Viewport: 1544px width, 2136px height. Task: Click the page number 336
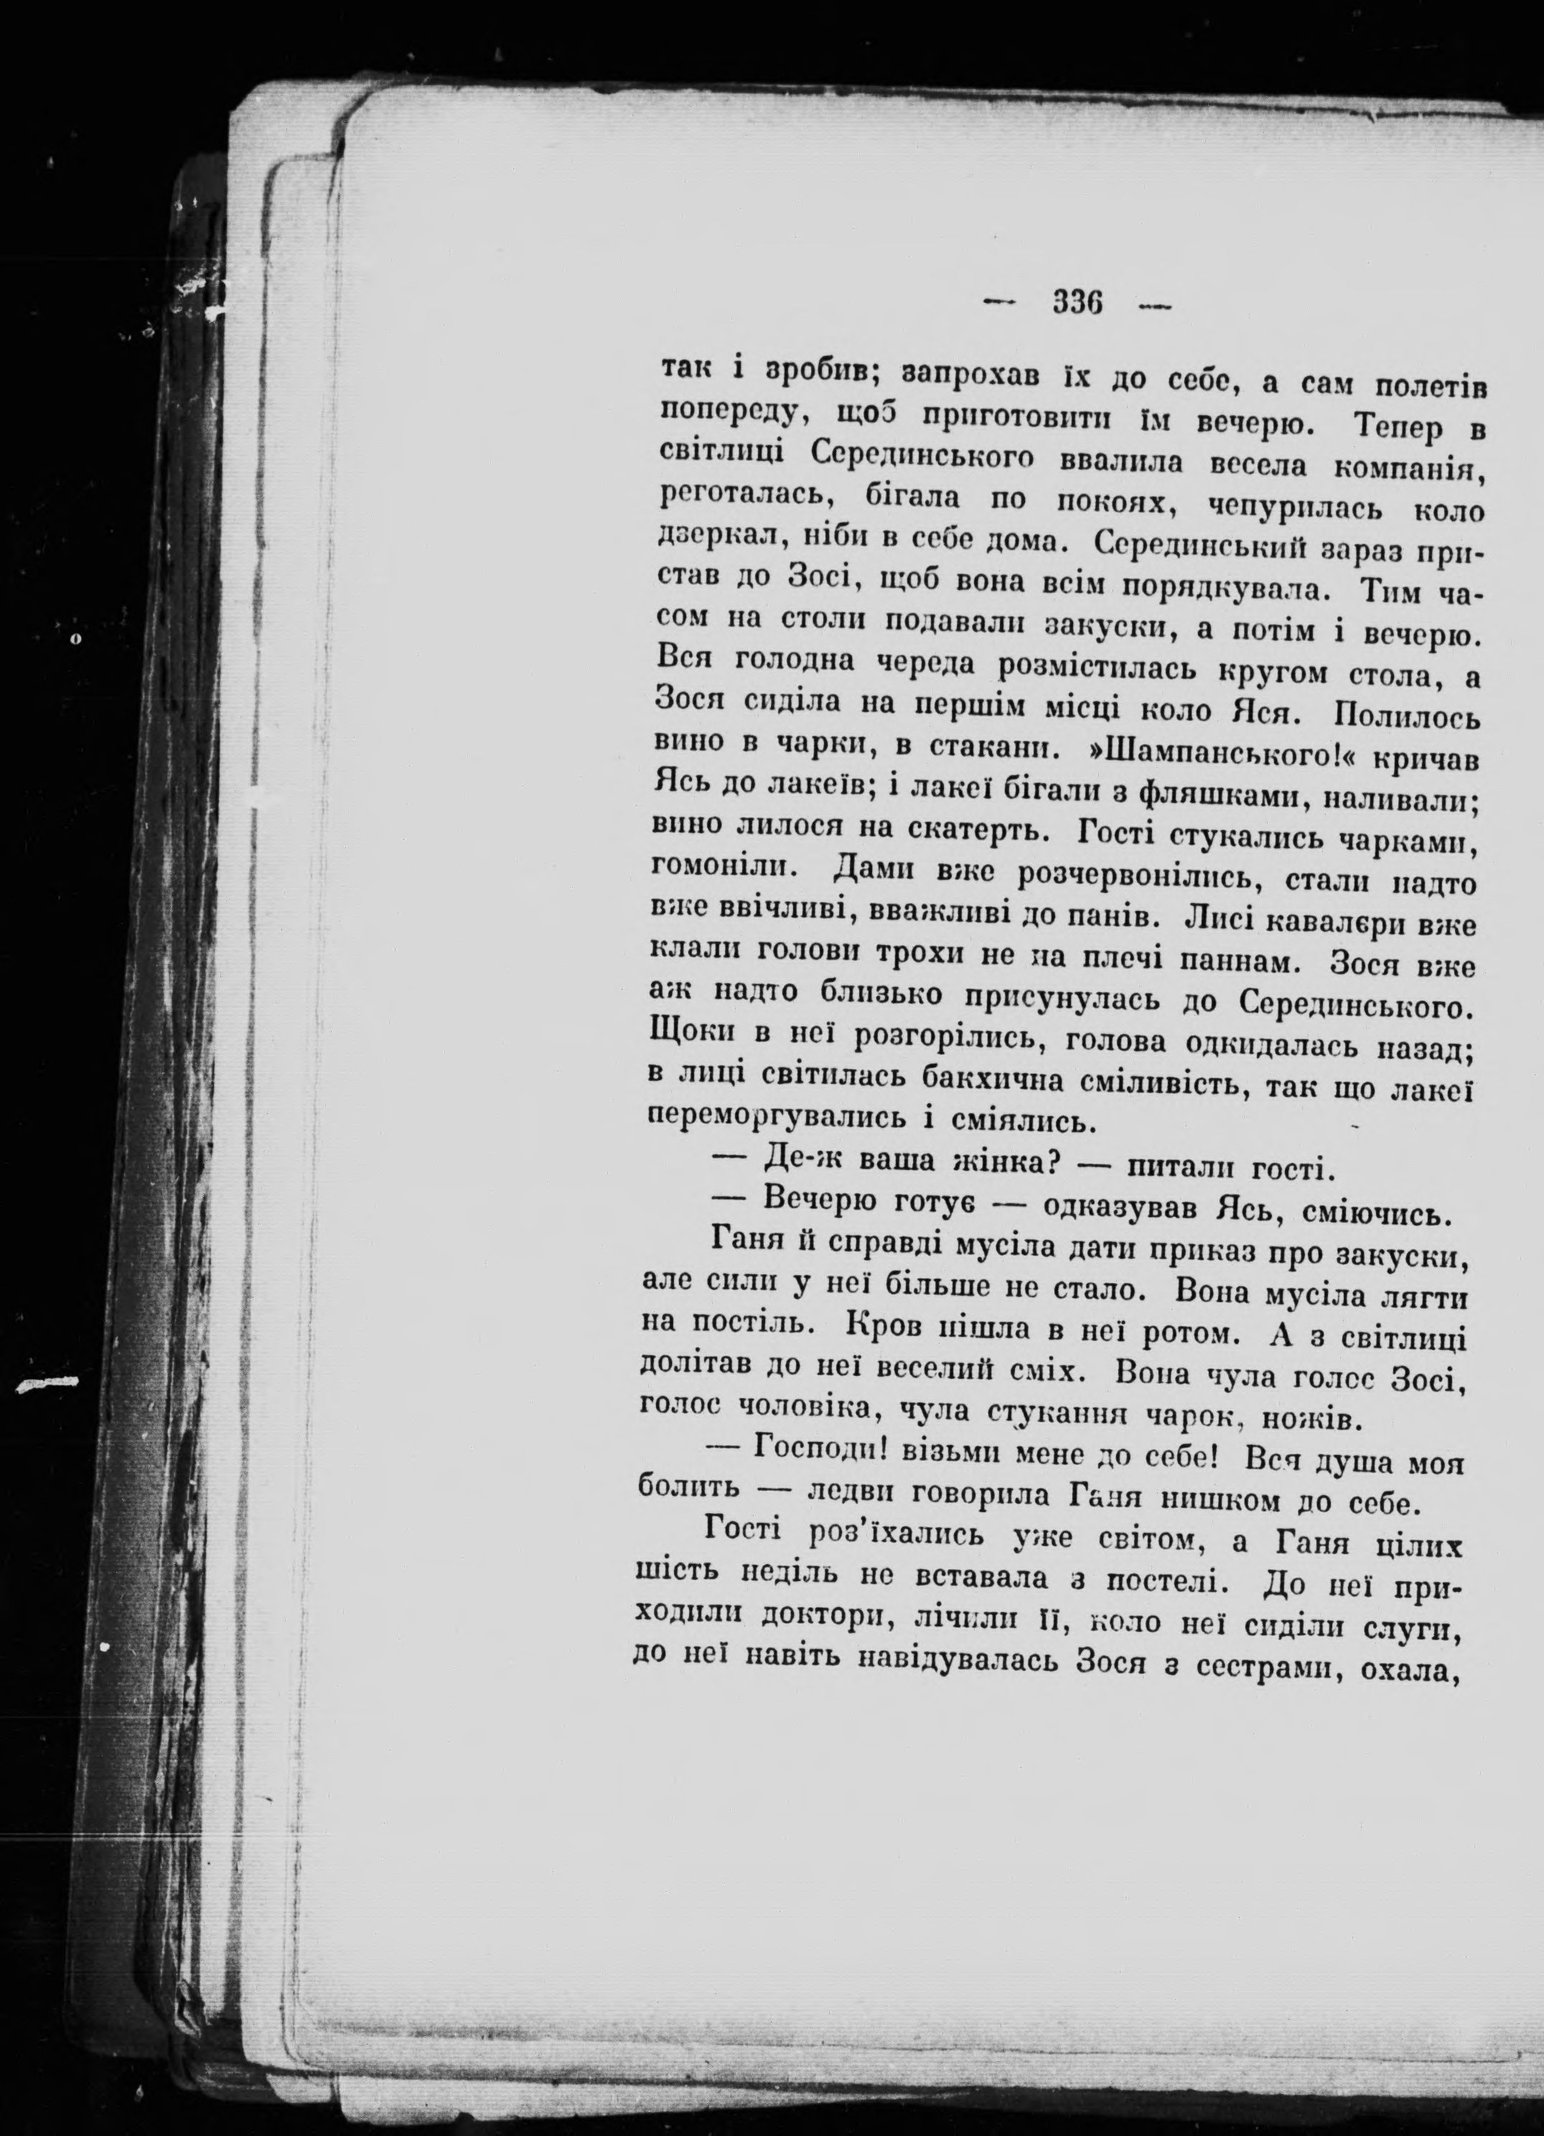tap(1077, 304)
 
